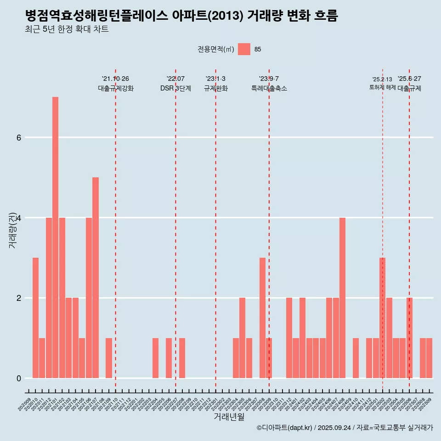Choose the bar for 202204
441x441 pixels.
[x=155, y=358]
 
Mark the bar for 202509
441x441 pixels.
[x=429, y=358]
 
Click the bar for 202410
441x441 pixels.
[x=356, y=358]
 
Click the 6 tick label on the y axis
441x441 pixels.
[x=19, y=137]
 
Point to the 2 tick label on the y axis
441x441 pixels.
[x=19, y=298]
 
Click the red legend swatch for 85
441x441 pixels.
[x=244, y=49]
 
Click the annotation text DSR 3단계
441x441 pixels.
[x=175, y=88]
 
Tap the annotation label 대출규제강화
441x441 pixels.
[x=116, y=88]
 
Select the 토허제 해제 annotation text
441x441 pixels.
[x=382, y=87]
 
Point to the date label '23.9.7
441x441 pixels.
[x=269, y=79]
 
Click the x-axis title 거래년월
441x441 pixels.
[x=229, y=417]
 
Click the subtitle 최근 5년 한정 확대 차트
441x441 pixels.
[x=67, y=29]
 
